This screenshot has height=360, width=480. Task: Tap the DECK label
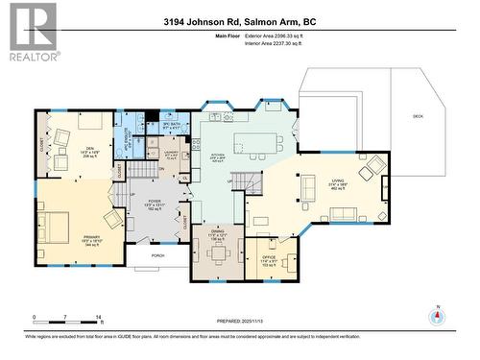pyautogui.click(x=418, y=116)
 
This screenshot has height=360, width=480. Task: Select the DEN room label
pyautogui.click(x=89, y=149)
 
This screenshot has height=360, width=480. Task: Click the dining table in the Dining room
pyautogui.click(x=219, y=252)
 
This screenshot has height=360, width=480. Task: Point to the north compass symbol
pyautogui.click(x=439, y=316)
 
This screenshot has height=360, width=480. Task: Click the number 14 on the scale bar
pyautogui.click(x=99, y=316)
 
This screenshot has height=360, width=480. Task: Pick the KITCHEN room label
pyautogui.click(x=218, y=158)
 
